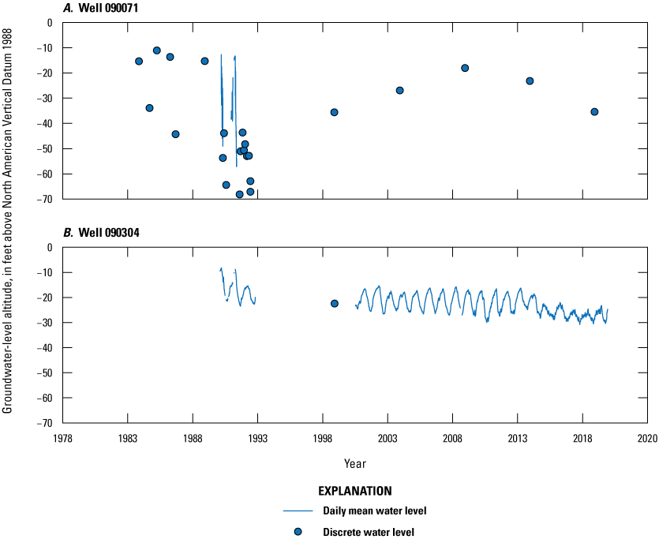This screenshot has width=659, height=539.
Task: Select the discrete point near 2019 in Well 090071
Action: (x=594, y=112)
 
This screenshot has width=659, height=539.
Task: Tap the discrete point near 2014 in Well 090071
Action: (x=530, y=80)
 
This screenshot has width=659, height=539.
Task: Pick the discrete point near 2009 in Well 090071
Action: (x=465, y=68)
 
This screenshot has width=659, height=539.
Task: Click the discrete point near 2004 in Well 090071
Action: (x=399, y=91)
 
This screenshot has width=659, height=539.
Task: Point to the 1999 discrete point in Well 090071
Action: (x=334, y=112)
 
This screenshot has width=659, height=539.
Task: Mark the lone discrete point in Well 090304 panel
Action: (x=334, y=303)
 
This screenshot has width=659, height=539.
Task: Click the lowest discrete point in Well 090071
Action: (x=239, y=194)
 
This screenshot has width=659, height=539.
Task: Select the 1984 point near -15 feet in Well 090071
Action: (x=139, y=62)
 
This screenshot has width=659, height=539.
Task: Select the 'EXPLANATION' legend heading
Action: (x=354, y=490)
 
